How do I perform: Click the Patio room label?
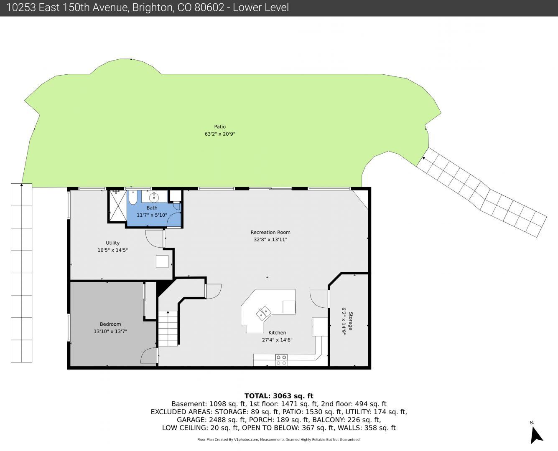click(220, 127)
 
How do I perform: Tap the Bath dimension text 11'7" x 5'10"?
click(152, 215)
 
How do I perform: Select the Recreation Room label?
click(270, 232)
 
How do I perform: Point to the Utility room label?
click(113, 243)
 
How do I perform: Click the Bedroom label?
click(110, 324)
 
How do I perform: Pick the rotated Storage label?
click(351, 321)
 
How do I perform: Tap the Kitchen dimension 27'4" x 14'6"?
click(277, 340)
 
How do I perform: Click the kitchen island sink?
click(264, 313)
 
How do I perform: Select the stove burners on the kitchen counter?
click(281, 360)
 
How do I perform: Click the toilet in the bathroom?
click(133, 198)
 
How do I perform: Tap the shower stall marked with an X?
click(118, 206)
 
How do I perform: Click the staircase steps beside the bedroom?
click(168, 329)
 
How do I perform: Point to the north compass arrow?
click(536, 435)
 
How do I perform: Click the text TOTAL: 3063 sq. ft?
click(279, 396)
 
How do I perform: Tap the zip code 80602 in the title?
click(209, 8)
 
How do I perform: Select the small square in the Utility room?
click(162, 261)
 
